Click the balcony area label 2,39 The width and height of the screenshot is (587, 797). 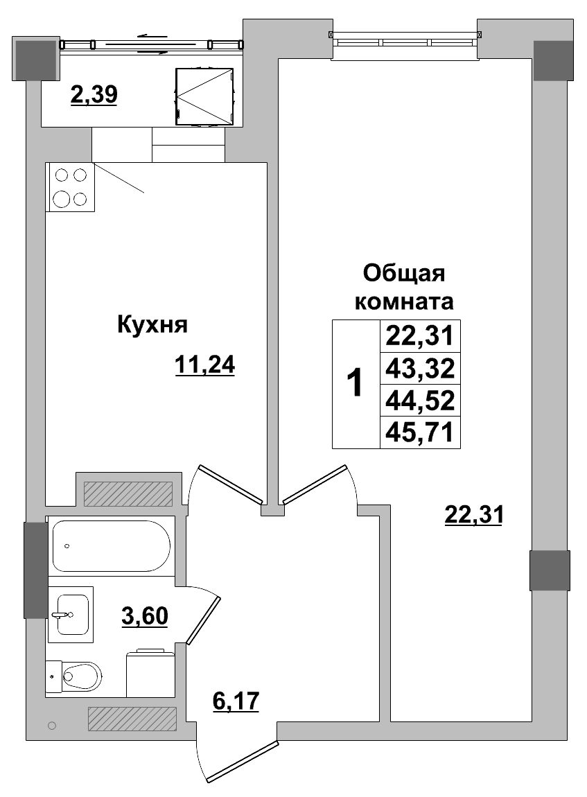pos(94,94)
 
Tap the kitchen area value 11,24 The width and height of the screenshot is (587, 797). pos(205,364)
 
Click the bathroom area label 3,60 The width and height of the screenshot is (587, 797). pos(145,615)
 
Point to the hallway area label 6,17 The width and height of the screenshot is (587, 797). pos(235,701)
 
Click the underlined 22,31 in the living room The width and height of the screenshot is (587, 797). pos(473,515)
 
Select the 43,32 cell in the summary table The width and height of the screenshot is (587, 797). pos(420,369)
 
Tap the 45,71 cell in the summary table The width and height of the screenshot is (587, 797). pos(420,432)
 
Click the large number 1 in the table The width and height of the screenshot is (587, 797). pos(355,384)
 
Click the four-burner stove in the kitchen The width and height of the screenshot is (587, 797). pos(70,187)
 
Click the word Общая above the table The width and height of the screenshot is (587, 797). pos(403,273)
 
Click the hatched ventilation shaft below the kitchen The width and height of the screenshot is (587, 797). pos(128,493)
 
